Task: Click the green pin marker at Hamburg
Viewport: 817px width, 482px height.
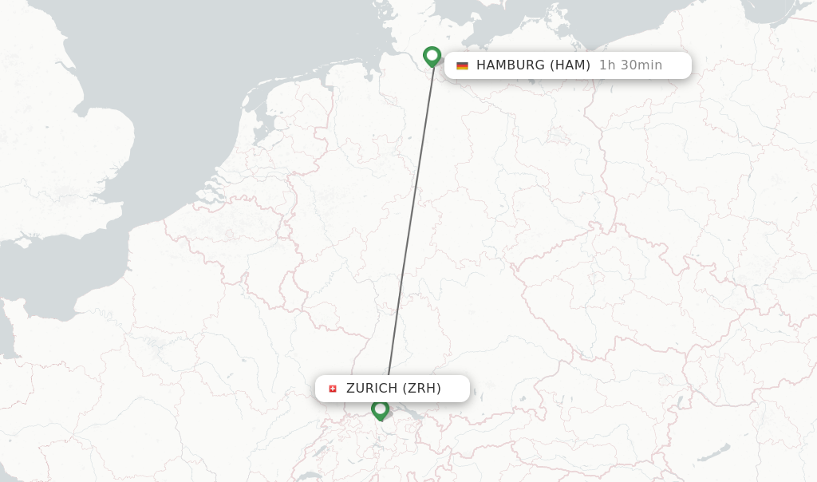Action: tap(432, 56)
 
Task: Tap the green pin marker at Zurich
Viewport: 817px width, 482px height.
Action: tap(380, 409)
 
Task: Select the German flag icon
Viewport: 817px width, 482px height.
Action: tap(462, 65)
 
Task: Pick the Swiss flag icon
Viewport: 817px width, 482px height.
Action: tap(333, 389)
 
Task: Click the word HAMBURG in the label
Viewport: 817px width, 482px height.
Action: tap(510, 65)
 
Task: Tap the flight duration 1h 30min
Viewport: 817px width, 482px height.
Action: tap(630, 65)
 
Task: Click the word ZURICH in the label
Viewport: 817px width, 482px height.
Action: tap(371, 389)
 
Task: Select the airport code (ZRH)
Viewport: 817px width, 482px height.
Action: tap(421, 389)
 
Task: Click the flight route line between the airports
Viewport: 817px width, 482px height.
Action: tap(411, 223)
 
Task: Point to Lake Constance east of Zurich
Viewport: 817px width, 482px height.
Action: tap(404, 413)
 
